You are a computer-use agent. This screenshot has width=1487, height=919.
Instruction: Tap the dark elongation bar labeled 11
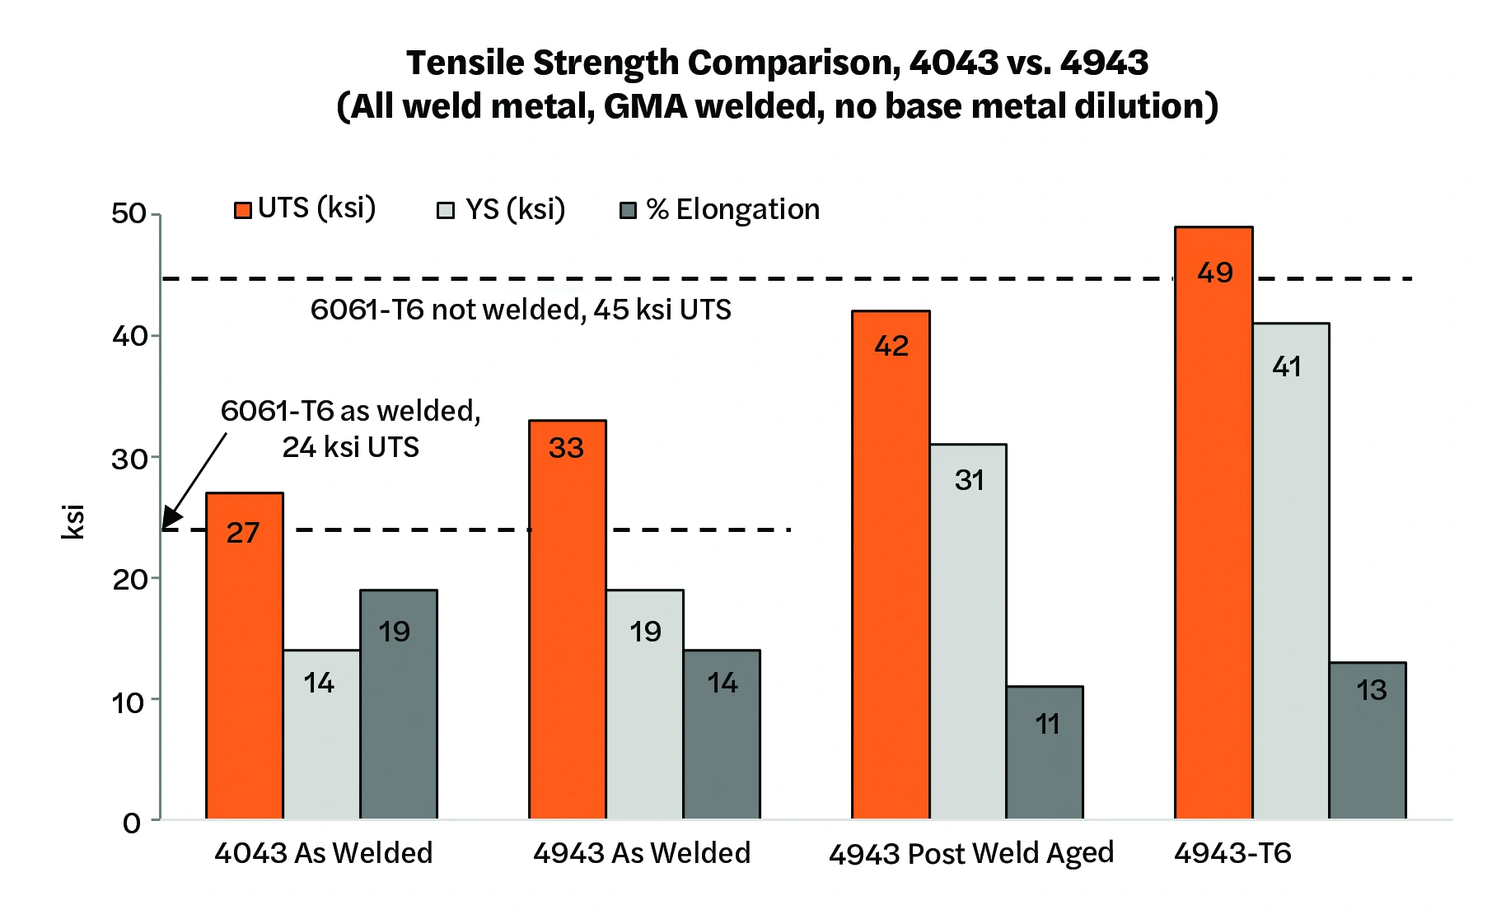tap(1045, 753)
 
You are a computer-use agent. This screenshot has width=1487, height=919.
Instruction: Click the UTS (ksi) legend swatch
tap(243, 210)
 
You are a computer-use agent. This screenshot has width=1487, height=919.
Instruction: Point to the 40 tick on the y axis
tap(129, 336)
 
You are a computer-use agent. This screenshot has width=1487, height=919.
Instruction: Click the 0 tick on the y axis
tap(132, 823)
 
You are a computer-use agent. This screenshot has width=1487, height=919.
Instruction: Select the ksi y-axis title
tap(73, 522)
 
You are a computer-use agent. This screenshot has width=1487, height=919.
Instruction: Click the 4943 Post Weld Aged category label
tap(970, 853)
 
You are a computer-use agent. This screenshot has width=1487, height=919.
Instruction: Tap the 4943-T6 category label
tap(1232, 853)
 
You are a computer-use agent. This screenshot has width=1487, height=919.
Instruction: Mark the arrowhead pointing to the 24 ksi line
tap(170, 519)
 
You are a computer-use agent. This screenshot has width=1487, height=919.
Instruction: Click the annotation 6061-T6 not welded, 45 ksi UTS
tap(521, 310)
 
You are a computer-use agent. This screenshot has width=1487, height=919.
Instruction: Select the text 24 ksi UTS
tap(351, 447)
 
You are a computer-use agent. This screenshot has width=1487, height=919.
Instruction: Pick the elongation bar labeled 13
tap(1368, 740)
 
